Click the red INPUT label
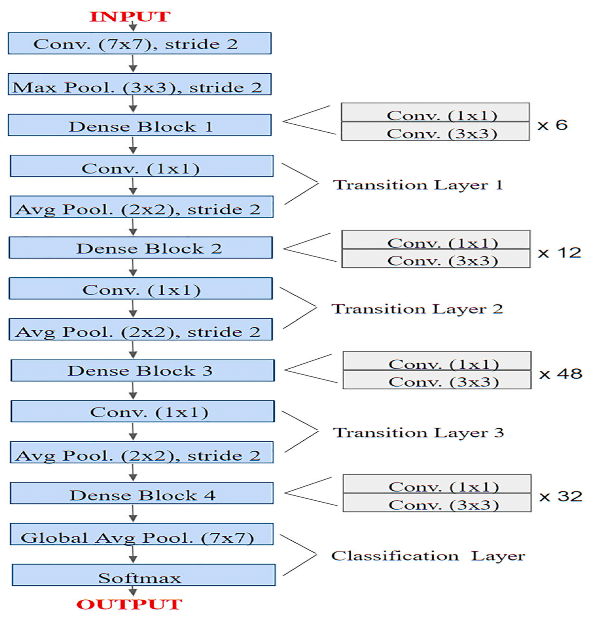pyautogui.click(x=130, y=16)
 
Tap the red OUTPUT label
pyautogui.click(x=129, y=604)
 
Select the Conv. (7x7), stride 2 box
pyautogui.click(x=140, y=43)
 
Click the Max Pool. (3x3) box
pyautogui.click(x=140, y=85)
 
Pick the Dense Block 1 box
pyautogui.click(x=140, y=125)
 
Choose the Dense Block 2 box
pyautogui.click(x=141, y=248)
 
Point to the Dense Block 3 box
pyautogui.click(x=142, y=370)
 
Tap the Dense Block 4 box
pyautogui.click(x=142, y=493)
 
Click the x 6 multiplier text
pyautogui.click(x=552, y=125)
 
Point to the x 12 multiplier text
pyautogui.click(x=559, y=253)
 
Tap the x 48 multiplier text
pyautogui.click(x=560, y=374)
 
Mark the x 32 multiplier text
pyautogui.click(x=560, y=497)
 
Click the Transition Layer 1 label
pyautogui.click(x=418, y=185)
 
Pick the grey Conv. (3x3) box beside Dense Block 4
pyautogui.click(x=437, y=505)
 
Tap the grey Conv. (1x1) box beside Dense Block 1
pyautogui.click(x=435, y=113)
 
